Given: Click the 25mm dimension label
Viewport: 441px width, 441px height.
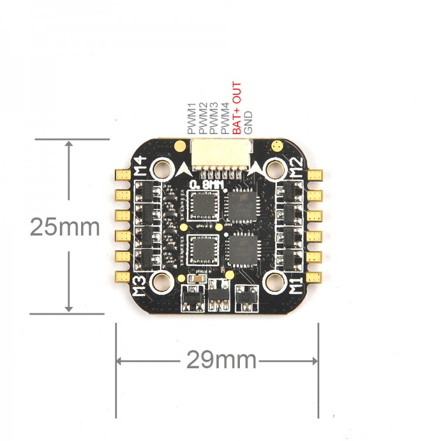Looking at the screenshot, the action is click(x=65, y=227).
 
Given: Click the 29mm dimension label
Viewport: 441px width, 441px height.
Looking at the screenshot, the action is click(x=221, y=359).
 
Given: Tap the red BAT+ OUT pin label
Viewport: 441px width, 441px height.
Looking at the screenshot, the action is click(x=237, y=108).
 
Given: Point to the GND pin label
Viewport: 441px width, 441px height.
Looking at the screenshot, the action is click(x=248, y=122).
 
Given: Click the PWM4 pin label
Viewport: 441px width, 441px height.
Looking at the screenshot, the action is click(x=225, y=118).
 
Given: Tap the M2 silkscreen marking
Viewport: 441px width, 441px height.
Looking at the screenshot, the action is click(x=297, y=167).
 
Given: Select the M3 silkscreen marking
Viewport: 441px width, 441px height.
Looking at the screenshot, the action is click(x=139, y=286).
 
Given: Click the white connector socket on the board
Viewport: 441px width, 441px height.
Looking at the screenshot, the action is click(x=221, y=156).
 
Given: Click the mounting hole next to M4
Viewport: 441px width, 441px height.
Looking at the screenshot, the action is click(x=162, y=169).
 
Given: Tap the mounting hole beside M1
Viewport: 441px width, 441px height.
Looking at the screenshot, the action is click(x=276, y=282).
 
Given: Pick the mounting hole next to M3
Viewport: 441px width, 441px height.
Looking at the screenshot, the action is click(x=162, y=282).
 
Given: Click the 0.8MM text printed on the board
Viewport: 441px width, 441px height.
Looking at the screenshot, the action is click(x=207, y=185).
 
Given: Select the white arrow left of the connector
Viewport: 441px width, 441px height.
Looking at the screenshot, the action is click(x=184, y=169).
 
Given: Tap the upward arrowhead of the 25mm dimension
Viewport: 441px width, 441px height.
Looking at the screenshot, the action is click(x=69, y=143).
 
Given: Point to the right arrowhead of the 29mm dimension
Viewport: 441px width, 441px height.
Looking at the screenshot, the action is click(x=315, y=361).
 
